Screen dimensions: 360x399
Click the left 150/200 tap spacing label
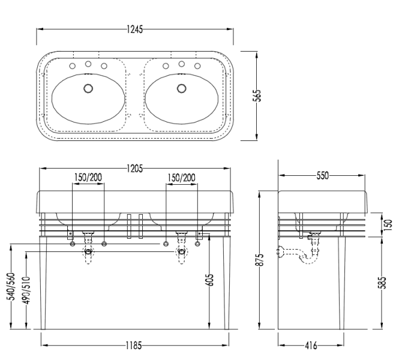tap(88, 178)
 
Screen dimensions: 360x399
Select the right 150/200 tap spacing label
tap(182, 178)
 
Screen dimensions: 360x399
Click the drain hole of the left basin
tap(89, 88)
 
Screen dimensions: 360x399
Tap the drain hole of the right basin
tap(181, 88)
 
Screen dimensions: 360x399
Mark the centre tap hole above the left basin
tap(88, 63)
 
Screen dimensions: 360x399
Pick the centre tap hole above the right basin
tap(181, 63)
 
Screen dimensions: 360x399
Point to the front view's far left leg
tap(44, 282)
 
